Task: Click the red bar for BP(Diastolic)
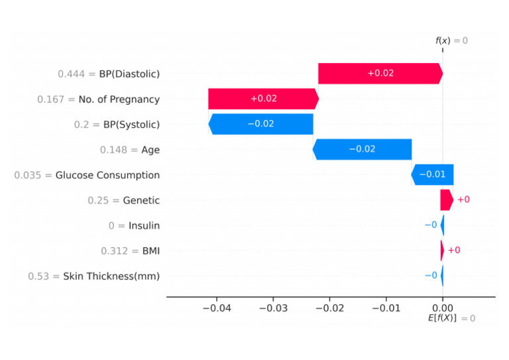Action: pos(380,74)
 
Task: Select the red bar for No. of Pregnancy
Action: pos(263,99)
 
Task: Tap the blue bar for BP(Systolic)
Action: pos(261,124)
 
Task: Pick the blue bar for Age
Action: pos(362,149)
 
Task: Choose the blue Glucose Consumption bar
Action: pos(432,174)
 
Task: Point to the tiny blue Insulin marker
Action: pos(442,225)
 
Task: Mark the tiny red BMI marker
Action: pos(442,250)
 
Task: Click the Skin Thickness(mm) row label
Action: pos(111,276)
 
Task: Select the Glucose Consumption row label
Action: pos(107,175)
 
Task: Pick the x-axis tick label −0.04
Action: pos(216,308)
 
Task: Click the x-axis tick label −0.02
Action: pos(329,308)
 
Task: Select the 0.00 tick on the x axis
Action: pos(442,308)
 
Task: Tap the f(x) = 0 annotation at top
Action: pos(451,41)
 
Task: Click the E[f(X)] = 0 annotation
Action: pos(451,319)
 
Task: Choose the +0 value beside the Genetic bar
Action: pos(463,200)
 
